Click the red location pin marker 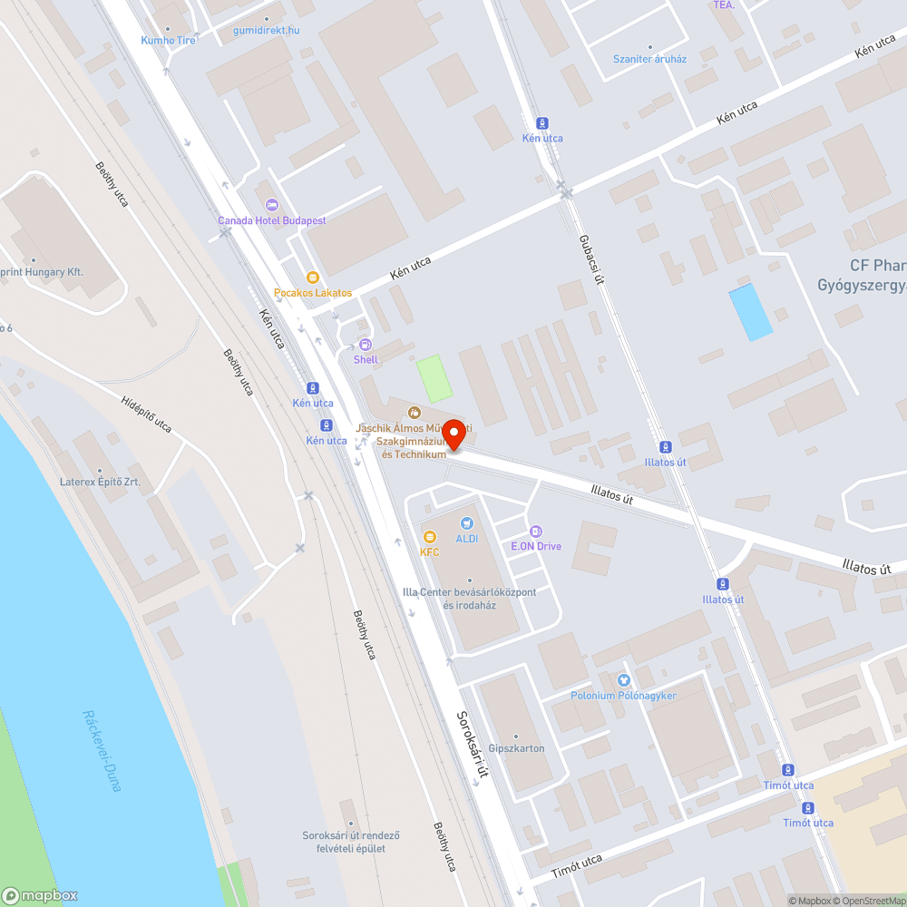pos(458,434)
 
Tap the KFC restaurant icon pos(430,537)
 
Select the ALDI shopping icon pos(467,523)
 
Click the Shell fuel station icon pos(366,345)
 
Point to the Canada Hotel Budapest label pos(271,220)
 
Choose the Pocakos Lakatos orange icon pos(313,278)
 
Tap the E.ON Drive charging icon pos(536,532)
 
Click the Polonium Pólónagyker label pos(623,695)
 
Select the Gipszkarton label pos(516,748)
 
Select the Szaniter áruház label pos(649,59)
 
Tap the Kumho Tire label pos(168,40)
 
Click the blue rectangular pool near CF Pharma pos(751,312)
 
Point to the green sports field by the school pos(434,379)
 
